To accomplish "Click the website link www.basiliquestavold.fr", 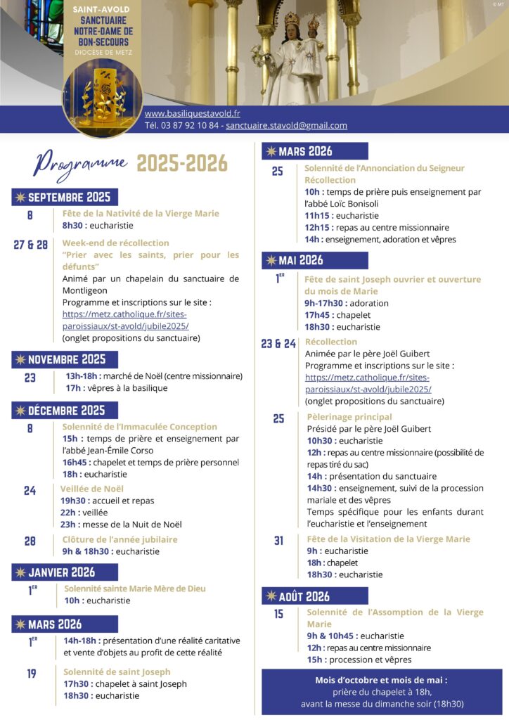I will pyautogui.click(x=192, y=113).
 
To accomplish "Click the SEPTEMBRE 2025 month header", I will pyautogui.click(x=64, y=197).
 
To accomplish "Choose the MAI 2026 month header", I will pyautogui.click(x=295, y=260).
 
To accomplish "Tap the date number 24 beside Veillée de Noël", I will pyautogui.click(x=30, y=491).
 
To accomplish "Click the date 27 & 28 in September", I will pyautogui.click(x=30, y=245).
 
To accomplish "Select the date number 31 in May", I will pyautogui.click(x=279, y=541).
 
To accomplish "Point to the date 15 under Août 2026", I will pyautogui.click(x=279, y=614).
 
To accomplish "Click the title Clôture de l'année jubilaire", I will pyautogui.click(x=120, y=539).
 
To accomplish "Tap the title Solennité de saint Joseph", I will pyautogui.click(x=117, y=671).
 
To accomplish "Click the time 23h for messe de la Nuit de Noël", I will pyautogui.click(x=67, y=524).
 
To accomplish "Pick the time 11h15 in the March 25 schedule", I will pyautogui.click(x=317, y=216).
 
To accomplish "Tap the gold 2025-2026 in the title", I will pyautogui.click(x=182, y=164).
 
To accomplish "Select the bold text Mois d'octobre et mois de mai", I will pyautogui.click(x=381, y=680).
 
